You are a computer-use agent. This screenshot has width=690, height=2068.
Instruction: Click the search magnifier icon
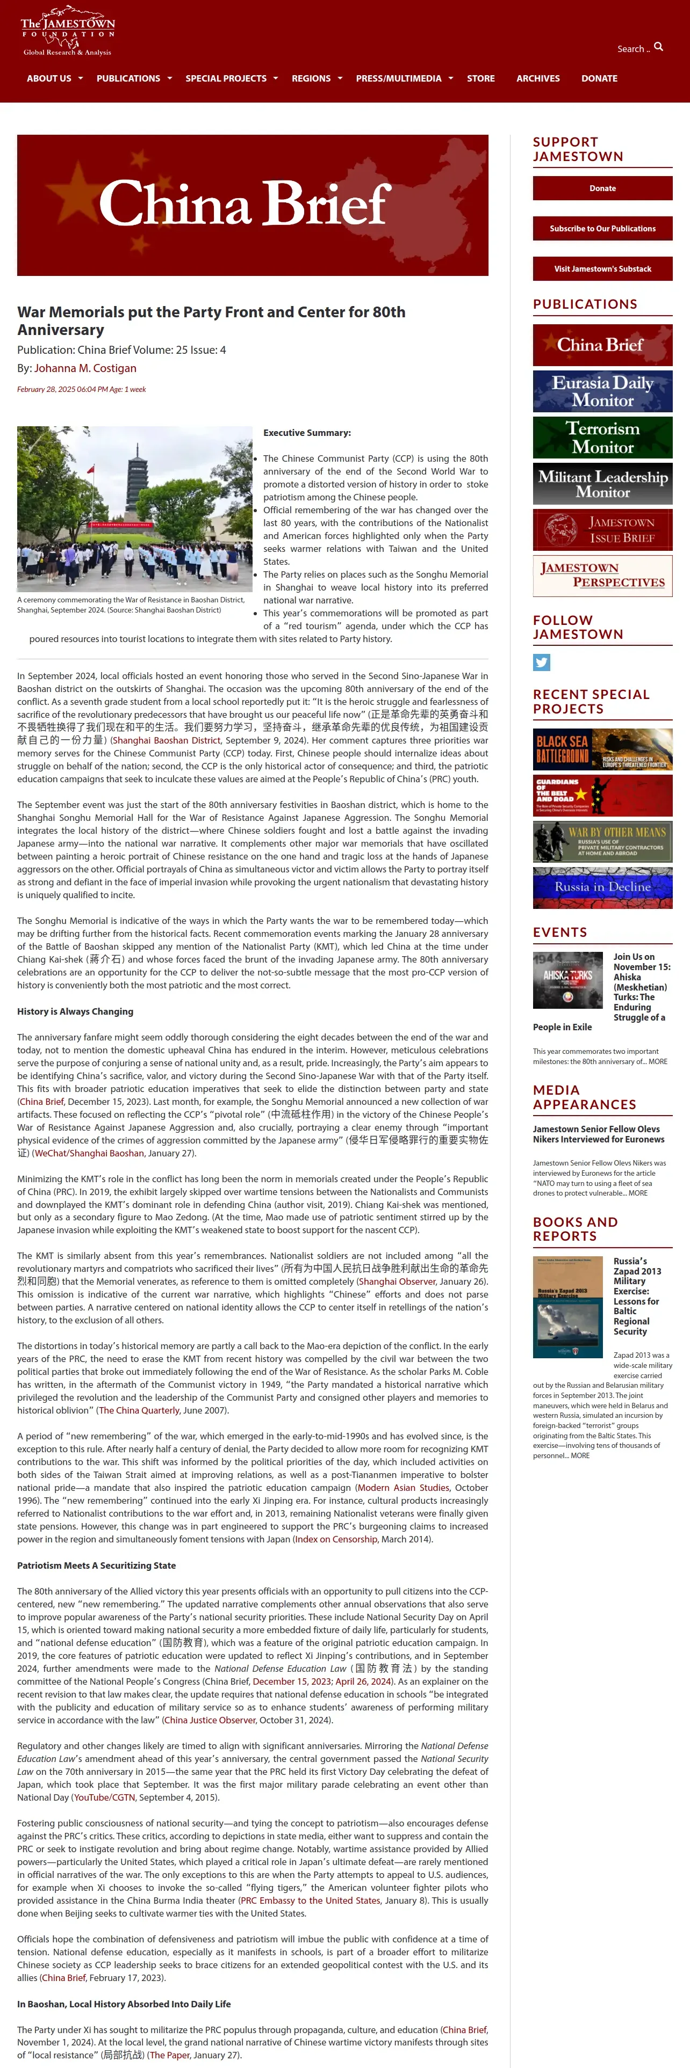659,47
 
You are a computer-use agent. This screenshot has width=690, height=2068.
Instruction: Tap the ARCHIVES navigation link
537,79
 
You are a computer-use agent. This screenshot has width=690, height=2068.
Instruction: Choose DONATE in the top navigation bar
599,79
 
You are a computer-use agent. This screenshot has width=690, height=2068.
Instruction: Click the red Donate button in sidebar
602,188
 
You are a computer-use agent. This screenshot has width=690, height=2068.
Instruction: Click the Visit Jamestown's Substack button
602,269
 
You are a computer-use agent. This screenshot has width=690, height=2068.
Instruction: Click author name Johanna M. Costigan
85,368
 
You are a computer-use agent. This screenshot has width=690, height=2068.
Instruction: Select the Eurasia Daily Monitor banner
602,391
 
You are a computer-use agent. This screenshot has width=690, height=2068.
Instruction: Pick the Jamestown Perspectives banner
602,576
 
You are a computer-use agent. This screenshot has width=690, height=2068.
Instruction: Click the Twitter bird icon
541,662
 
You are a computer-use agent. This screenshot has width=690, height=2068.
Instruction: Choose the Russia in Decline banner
602,887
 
